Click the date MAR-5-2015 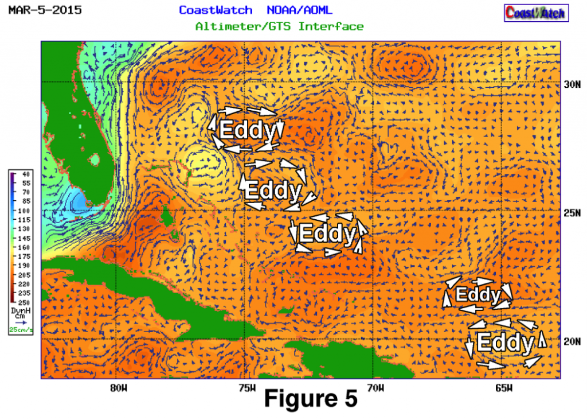45,10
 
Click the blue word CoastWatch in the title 216,10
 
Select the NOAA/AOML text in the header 299,10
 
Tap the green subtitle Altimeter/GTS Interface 279,26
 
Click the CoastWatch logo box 535,12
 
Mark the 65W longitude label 503,387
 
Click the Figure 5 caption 311,399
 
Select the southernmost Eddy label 505,343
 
